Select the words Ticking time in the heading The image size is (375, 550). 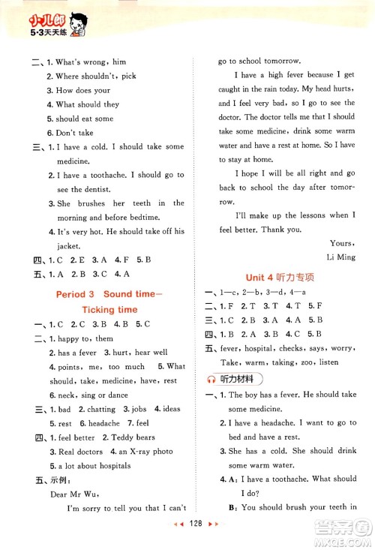109,309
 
